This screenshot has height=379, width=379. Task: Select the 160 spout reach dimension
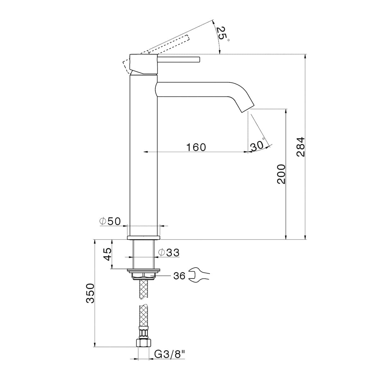pyautogui.click(x=196, y=147)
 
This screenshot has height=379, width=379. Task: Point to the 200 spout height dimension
pyautogui.click(x=281, y=174)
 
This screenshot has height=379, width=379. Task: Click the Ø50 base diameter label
pyautogui.click(x=110, y=221)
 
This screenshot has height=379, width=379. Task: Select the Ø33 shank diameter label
pyautogui.click(x=169, y=252)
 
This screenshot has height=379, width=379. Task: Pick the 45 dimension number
pyautogui.click(x=108, y=254)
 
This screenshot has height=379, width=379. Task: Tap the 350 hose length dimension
pyautogui.click(x=90, y=293)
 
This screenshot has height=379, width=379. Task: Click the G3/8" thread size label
pyautogui.click(x=169, y=355)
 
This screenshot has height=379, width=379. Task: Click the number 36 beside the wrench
pyautogui.click(x=179, y=276)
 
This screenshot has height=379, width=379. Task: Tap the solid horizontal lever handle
pyautogui.click(x=179, y=59)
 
